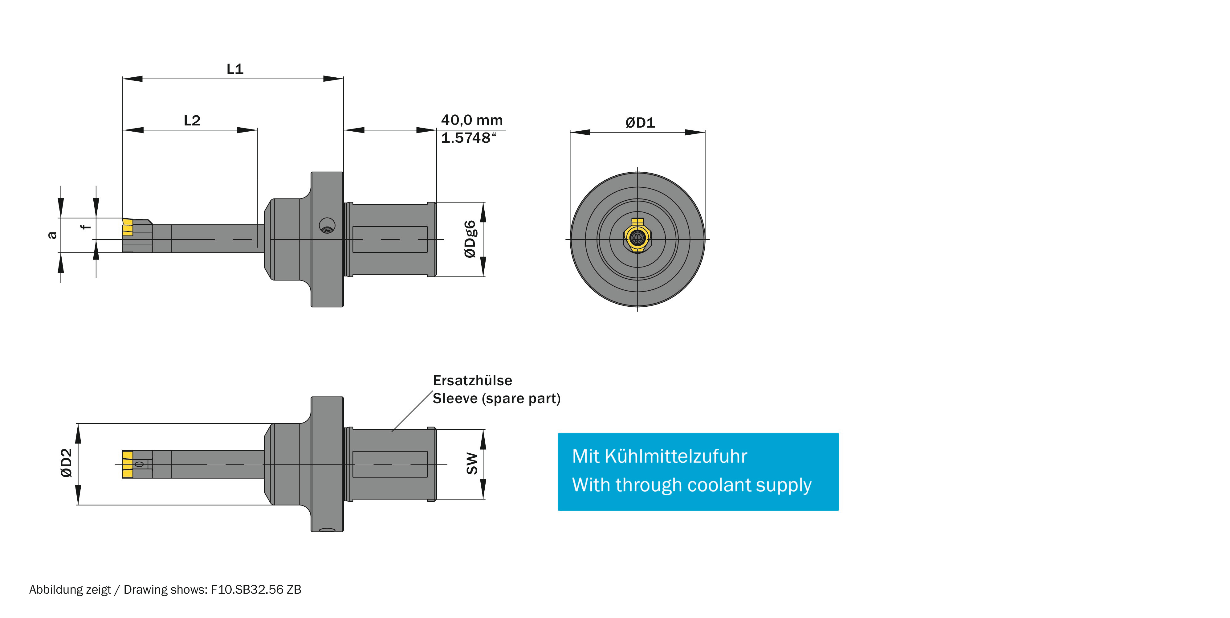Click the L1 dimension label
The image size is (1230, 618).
coord(235,69)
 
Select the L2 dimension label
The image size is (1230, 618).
coord(192,120)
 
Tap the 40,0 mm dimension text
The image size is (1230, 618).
coord(471,120)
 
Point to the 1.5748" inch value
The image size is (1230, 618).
coord(468,138)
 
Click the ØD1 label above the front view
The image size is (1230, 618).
coord(640,123)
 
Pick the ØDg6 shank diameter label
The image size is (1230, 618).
coord(470,239)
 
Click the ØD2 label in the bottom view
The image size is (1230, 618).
coord(66,463)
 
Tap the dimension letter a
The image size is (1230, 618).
coord(52,235)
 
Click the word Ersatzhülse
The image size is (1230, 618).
coord(472,381)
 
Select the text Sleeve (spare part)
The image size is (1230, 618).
coord(496,398)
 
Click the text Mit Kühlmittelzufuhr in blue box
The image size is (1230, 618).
coord(659,456)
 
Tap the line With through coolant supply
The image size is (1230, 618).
coord(691,485)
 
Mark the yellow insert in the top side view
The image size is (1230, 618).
coord(127,227)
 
